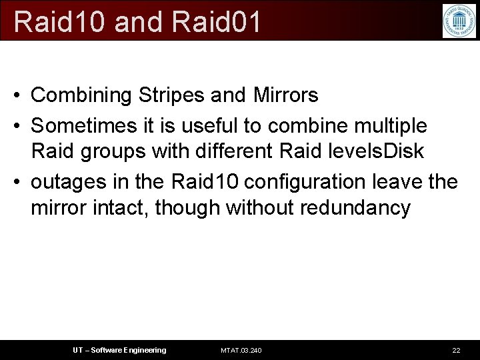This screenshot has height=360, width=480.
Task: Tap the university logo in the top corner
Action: pyautogui.click(x=459, y=21)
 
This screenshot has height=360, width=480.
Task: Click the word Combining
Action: pyautogui.click(x=82, y=96)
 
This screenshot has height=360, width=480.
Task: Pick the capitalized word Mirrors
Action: pyautogui.click(x=286, y=95)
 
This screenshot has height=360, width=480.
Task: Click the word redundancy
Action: pyautogui.click(x=355, y=209)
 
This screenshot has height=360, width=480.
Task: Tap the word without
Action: pyautogui.click(x=260, y=208)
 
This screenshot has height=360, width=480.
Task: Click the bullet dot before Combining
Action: pyautogui.click(x=17, y=96)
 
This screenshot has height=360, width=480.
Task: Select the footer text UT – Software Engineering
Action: pyautogui.click(x=119, y=350)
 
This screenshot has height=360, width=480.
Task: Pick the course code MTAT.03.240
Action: pyautogui.click(x=241, y=350)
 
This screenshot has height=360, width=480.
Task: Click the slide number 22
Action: pyautogui.click(x=456, y=350)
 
